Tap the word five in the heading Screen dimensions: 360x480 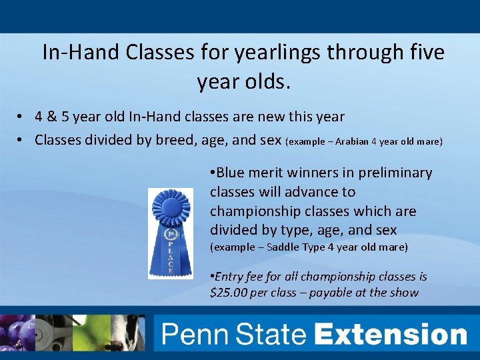(421, 52)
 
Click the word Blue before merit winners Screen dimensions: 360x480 (230, 173)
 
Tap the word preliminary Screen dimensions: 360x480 (395, 173)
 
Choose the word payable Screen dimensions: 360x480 (343, 293)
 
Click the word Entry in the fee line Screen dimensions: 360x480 (231, 277)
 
